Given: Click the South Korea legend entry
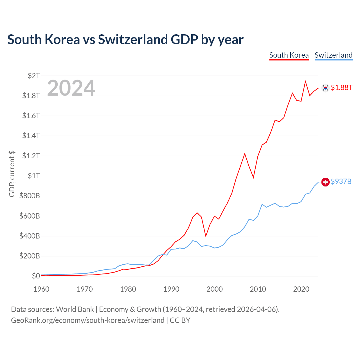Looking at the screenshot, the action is (x=289, y=55).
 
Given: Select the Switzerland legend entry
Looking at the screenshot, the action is (x=334, y=55).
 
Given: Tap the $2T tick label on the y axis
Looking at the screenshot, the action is (x=34, y=76).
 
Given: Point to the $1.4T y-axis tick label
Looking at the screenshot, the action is (x=31, y=136).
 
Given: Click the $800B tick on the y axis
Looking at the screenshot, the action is (x=30, y=196).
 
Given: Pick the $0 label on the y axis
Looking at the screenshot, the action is (x=36, y=276).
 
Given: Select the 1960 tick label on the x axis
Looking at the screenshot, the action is (x=41, y=289).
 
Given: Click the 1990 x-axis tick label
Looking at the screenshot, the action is (x=171, y=289).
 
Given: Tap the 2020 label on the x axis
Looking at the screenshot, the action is (x=301, y=289).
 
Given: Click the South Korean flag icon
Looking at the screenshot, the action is (x=325, y=88).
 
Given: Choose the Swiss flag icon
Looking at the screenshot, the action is (x=325, y=182).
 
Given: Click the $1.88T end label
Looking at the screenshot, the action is (x=341, y=87).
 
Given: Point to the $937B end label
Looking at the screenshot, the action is (x=341, y=181).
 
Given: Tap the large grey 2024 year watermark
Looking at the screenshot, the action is (x=71, y=88).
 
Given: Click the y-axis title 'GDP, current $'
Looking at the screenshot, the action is (x=12, y=174).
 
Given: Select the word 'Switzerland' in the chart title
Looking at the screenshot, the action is (x=133, y=40).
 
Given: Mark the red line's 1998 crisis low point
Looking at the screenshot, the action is (x=206, y=236).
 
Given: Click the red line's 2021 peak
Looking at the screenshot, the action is (x=305, y=81).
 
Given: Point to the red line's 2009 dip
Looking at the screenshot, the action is (x=253, y=177).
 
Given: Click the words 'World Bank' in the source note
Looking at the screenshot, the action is (x=75, y=309).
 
